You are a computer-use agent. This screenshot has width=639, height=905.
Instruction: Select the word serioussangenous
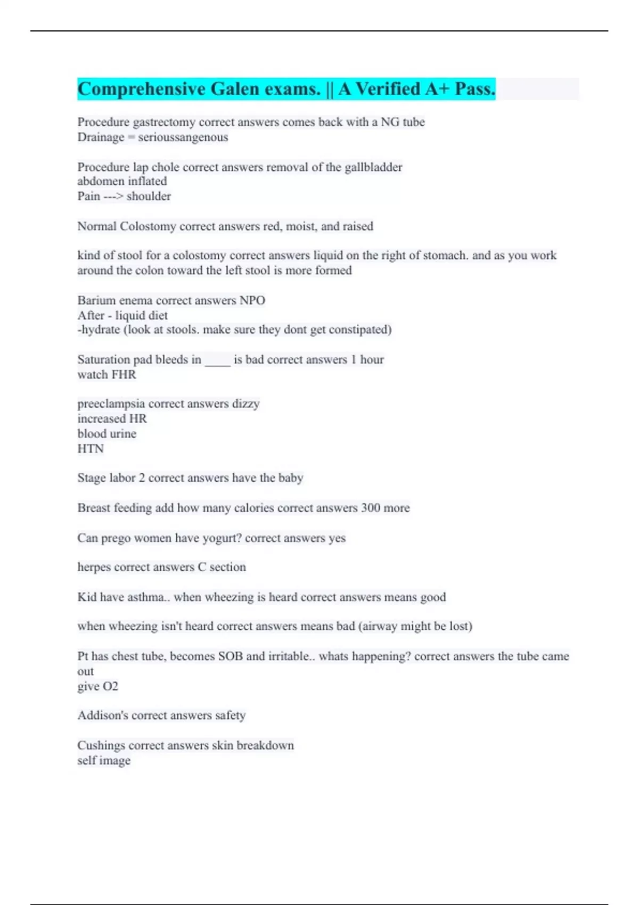coord(183,137)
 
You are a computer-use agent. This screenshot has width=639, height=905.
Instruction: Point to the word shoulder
coord(149,196)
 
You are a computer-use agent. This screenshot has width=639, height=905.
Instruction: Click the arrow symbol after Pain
coord(113,196)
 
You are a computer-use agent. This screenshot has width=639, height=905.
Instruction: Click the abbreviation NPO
coord(252,300)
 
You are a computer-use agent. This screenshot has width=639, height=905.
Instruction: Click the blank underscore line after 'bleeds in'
coord(217,360)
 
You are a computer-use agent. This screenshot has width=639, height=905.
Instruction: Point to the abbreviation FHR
coord(124,375)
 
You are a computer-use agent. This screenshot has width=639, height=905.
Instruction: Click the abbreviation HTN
coord(91,449)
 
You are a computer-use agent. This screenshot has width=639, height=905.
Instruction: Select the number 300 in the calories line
coord(370,508)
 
